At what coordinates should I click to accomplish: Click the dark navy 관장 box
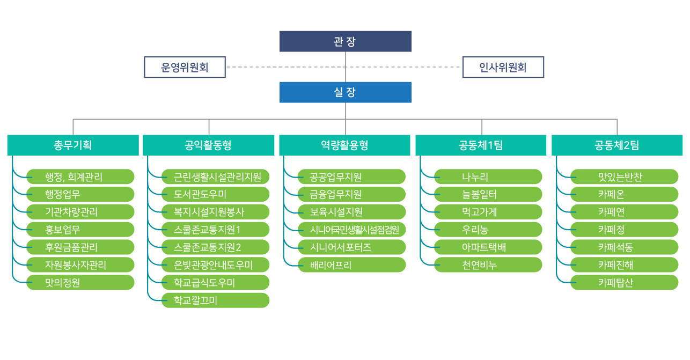coord(346,41)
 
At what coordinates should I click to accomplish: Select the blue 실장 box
coord(346,92)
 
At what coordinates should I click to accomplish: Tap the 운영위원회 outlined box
coord(185,67)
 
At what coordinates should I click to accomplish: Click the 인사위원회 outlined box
coord(503,67)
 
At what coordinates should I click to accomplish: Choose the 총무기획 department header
coord(73,145)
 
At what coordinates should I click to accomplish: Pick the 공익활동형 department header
coord(209,145)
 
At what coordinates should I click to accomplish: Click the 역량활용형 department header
coord(344,145)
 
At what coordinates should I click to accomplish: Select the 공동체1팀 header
coord(481,145)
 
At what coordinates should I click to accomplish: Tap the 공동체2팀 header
coord(617,145)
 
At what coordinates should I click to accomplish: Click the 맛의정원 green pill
coord(80,282)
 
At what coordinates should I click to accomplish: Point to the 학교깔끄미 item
coord(215,300)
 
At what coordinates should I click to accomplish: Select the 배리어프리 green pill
coord(352,265)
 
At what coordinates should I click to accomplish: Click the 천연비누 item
coord(488,265)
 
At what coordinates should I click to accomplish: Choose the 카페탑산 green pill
coord(625,282)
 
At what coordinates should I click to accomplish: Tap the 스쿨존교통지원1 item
coord(215,230)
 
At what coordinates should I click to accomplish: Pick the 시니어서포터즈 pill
coord(352,247)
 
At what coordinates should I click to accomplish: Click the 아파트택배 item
coord(488,247)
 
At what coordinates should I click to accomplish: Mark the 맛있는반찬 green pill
coord(625,177)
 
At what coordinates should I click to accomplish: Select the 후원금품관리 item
coord(80,247)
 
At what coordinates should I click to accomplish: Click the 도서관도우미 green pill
coord(215,194)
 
